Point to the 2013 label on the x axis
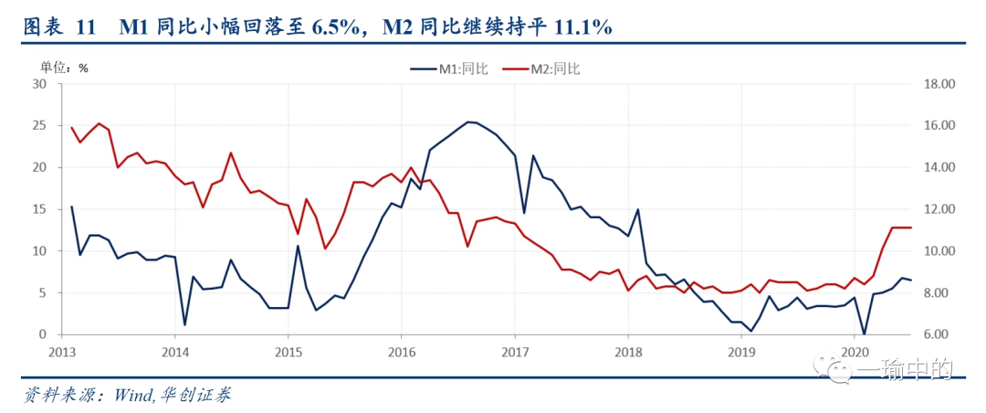[x=61, y=351]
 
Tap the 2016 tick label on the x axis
[x=401, y=351]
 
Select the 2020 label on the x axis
[x=854, y=351]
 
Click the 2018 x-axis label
[x=627, y=351]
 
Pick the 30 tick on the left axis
[x=39, y=84]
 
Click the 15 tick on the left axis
[x=39, y=209]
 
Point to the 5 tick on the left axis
[x=42, y=293]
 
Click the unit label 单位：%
[x=63, y=67]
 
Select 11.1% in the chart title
[x=581, y=27]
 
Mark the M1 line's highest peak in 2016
[x=468, y=122]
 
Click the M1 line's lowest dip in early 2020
[x=864, y=334]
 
